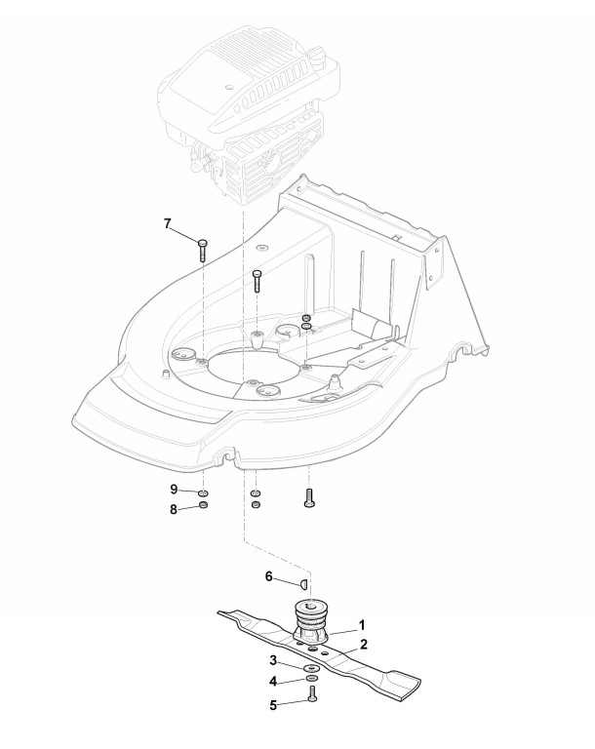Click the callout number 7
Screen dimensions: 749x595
pos(167,224)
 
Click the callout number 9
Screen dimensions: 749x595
pos(175,489)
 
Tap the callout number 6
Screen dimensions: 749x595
pos(269,576)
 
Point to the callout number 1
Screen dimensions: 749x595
pos(362,622)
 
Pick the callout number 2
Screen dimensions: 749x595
pos(363,644)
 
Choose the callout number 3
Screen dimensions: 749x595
pos(275,660)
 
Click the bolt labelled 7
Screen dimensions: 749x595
pos(202,248)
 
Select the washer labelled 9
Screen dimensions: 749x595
pos(203,493)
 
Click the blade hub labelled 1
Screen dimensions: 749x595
pos(314,622)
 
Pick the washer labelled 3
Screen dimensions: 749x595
pos(310,665)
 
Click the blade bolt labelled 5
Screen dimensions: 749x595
pos(311,693)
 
